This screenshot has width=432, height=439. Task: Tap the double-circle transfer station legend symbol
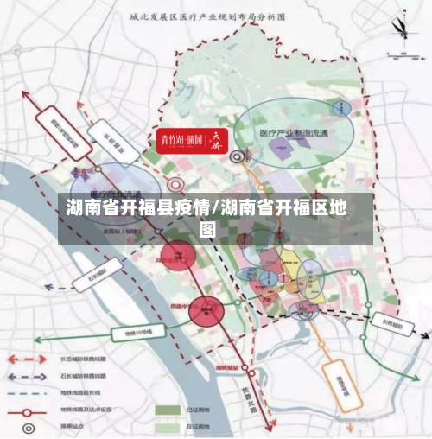click(x=30, y=426)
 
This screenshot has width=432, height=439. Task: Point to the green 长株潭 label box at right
click(x=390, y=326)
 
